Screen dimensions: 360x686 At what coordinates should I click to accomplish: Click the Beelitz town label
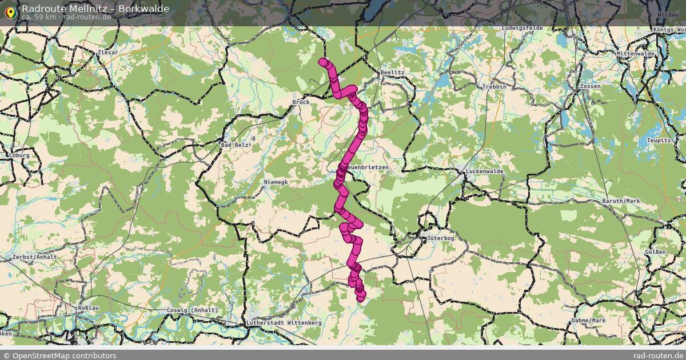point(392,73)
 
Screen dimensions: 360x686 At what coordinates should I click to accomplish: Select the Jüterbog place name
point(440,238)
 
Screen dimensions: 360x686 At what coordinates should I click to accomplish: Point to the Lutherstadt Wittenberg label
point(284,323)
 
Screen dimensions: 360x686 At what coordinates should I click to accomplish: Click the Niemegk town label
point(276,182)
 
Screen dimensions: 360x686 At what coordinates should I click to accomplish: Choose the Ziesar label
point(107,53)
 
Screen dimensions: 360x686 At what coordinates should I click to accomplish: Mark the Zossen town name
point(590,86)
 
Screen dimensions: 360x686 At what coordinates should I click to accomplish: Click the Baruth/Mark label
point(621,201)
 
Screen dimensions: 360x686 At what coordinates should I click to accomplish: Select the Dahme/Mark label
point(588,321)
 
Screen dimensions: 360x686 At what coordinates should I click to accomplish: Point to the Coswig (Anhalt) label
point(192,310)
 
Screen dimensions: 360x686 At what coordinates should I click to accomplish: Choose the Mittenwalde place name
point(635,54)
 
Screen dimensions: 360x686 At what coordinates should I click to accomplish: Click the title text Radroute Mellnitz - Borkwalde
point(95,9)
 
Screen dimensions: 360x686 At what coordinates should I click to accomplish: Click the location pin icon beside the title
point(10,11)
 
